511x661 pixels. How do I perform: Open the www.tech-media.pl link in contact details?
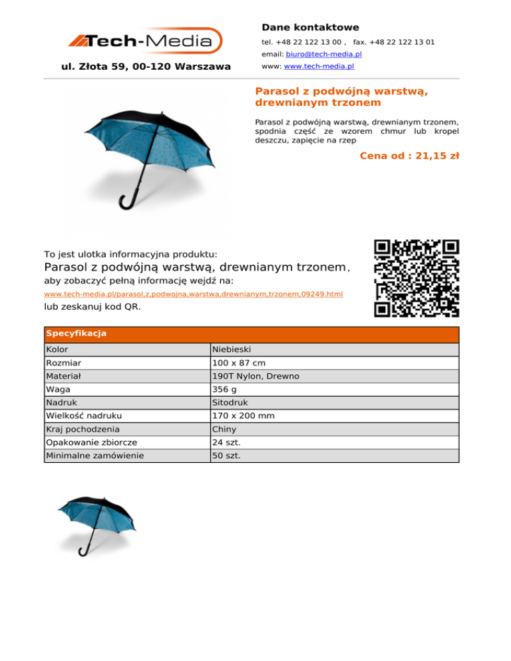[x=319, y=66]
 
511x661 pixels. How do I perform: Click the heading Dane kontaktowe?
[x=310, y=27]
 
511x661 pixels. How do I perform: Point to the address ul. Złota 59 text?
[x=146, y=66]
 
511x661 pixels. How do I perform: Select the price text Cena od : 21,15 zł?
[x=409, y=156]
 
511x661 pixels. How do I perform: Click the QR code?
[x=417, y=278]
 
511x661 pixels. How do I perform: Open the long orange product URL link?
[x=194, y=293]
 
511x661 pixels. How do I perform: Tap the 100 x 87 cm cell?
[x=238, y=363]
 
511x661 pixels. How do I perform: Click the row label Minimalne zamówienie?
[x=96, y=456]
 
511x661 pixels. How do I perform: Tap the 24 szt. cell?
[x=226, y=443]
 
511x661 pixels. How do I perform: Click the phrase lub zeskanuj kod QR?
[x=92, y=307]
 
